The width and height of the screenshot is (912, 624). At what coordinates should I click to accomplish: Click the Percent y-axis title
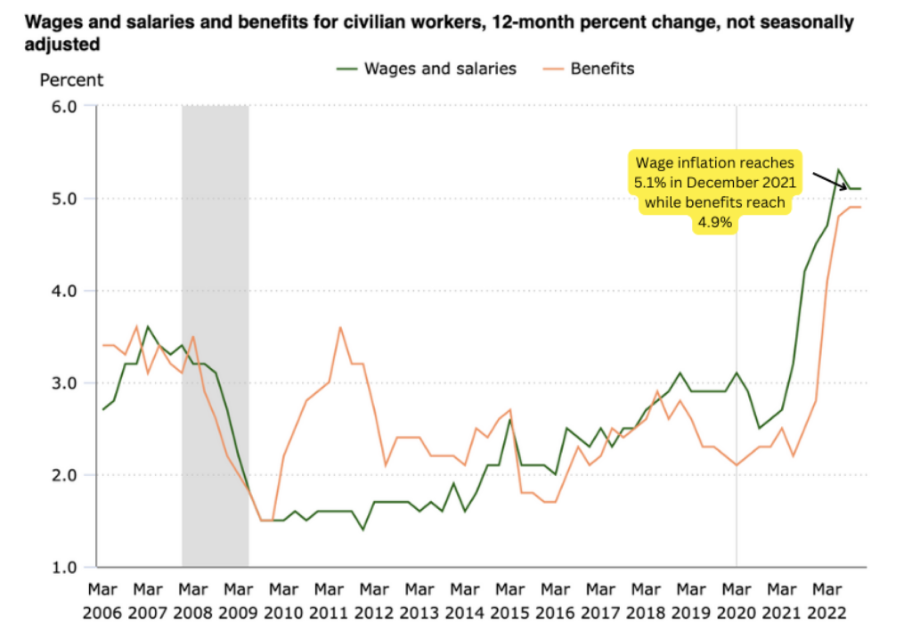(x=71, y=80)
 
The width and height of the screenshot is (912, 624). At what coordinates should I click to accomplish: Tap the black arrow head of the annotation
(x=845, y=187)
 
